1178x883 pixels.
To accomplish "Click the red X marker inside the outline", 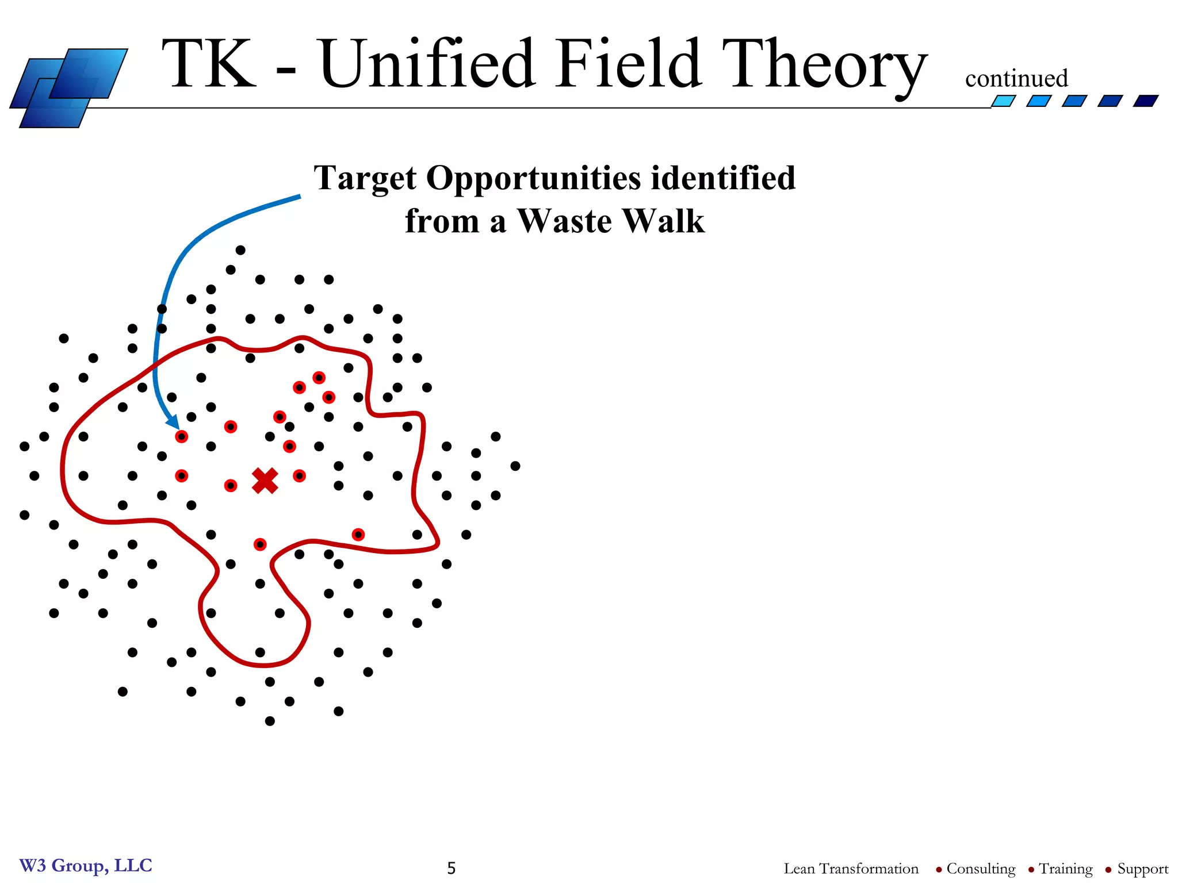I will coord(265,481).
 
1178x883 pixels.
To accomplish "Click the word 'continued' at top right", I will coord(1016,79).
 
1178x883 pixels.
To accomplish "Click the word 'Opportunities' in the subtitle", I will coord(533,178).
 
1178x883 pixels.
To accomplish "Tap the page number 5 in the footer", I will coord(452,868).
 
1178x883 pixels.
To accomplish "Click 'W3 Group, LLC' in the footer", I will coord(86,865).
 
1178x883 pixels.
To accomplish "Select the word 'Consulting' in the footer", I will coord(981,869).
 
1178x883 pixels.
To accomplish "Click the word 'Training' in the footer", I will coord(1065,869).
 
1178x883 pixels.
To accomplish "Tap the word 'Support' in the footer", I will coord(1142,869).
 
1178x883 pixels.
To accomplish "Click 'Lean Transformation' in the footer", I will coord(851,869).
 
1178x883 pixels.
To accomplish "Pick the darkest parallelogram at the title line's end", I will coord(1145,101).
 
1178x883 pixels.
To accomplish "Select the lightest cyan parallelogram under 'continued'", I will coord(1003,101).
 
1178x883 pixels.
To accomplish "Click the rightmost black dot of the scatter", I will coord(515,466).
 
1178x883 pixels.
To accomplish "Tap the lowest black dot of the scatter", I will coord(270,721).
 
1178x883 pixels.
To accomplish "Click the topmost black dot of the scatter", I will coord(240,250).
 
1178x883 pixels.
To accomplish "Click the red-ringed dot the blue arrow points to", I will coord(181,437).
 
